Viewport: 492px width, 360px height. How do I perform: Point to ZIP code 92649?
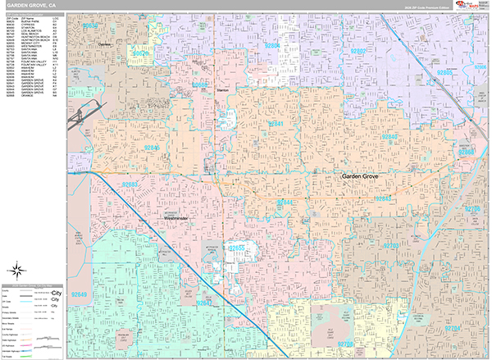[x=80, y=294]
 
